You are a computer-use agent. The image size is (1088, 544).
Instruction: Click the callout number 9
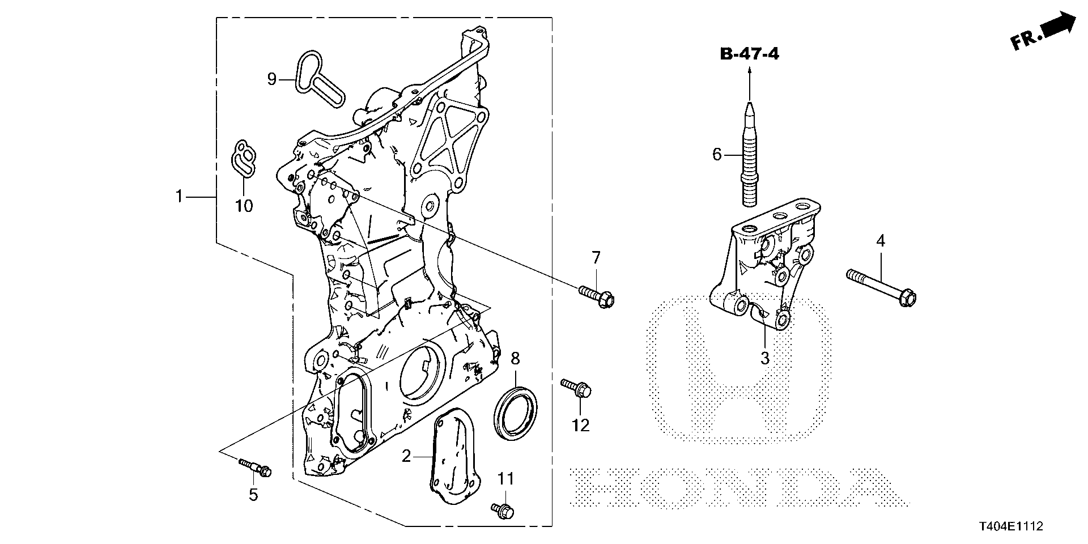[x=272, y=79]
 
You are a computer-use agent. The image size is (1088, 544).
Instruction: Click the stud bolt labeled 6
[x=749, y=153]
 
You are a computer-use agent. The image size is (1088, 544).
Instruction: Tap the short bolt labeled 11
[x=503, y=510]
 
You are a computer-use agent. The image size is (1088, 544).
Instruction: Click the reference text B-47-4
[x=749, y=54]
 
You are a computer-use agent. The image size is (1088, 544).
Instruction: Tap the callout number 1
[x=179, y=197]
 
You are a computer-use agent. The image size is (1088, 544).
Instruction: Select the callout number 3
[x=764, y=358]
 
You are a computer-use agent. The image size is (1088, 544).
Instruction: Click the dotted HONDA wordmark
[x=737, y=486]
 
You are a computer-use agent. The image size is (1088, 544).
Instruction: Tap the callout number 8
[x=515, y=358]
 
